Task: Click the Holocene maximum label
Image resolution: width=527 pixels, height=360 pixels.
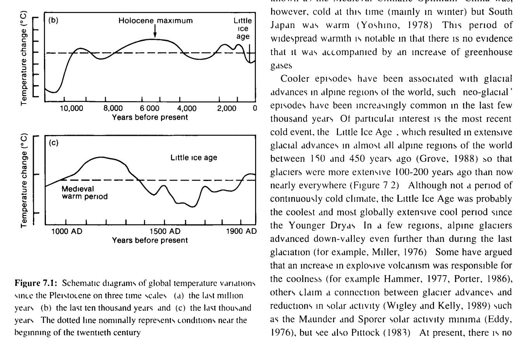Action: [x=156, y=21]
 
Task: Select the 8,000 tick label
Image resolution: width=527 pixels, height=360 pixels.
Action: [x=114, y=109]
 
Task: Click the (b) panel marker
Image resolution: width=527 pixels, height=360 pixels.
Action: [x=53, y=21]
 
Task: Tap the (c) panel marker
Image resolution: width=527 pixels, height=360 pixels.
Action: [x=53, y=143]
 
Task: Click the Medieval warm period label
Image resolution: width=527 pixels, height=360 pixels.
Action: [x=85, y=193]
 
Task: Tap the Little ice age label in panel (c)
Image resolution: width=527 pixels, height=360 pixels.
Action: [x=194, y=158]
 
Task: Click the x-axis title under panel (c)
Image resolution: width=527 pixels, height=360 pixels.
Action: [x=150, y=240]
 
